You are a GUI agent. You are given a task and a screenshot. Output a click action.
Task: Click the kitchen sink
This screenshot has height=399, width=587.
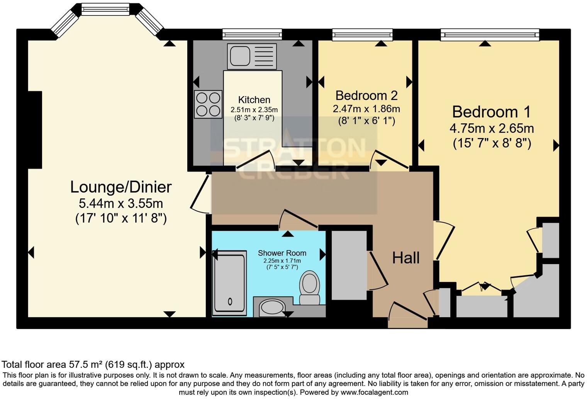coord(252,56)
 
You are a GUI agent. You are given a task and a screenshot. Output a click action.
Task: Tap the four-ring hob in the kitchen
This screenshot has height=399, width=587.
coord(208,104)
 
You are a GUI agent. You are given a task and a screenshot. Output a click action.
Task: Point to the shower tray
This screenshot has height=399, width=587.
coord(229,281)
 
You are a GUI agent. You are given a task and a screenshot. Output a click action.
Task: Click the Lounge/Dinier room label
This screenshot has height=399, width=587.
coord(121,187)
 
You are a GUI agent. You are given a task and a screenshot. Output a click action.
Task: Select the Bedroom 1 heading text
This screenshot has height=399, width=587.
coord(491,112)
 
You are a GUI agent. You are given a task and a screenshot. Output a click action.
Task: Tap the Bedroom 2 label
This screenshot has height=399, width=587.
coord(366,95)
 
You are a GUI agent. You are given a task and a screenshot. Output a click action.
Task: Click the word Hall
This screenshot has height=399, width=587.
coord(406,258)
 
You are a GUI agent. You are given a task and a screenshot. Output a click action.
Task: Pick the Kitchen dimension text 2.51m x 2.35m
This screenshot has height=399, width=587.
coord(254,110)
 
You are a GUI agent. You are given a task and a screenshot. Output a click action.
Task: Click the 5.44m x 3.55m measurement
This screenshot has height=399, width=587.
coord(121,203)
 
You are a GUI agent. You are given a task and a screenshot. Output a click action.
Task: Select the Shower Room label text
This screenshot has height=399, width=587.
coord(282,253)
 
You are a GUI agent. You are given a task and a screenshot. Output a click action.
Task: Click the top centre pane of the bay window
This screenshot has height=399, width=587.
coord(105,9)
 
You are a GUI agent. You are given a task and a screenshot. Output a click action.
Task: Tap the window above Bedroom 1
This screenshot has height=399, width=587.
coord(490,35)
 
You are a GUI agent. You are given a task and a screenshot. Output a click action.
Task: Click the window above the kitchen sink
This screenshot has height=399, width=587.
coord(252,35)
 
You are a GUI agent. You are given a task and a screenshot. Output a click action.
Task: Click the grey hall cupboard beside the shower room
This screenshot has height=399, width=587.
coord(349,265)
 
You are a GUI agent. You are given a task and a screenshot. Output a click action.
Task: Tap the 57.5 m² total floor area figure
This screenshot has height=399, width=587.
coord(85,364)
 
